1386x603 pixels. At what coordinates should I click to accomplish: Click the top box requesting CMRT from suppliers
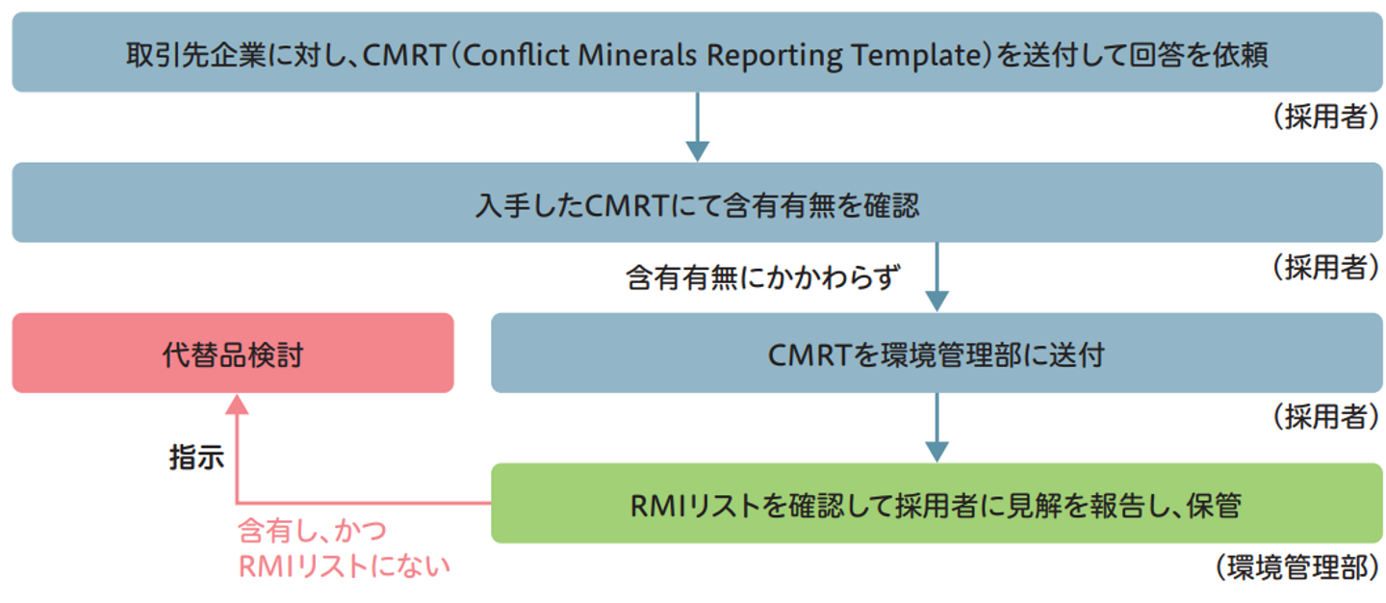(x=697, y=53)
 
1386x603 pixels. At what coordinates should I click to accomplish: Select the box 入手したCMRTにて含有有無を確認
(x=697, y=203)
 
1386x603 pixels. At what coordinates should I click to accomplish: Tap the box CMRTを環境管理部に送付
(x=936, y=354)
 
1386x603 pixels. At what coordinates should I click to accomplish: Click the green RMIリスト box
(x=936, y=504)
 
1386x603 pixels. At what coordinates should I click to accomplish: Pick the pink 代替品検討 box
(x=233, y=354)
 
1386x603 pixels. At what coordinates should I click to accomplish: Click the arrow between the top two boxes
(x=697, y=126)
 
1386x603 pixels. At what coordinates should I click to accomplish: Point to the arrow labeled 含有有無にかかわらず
(x=936, y=276)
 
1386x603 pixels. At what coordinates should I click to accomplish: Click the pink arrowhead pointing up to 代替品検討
(x=237, y=405)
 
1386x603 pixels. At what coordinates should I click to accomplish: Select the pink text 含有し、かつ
(x=311, y=532)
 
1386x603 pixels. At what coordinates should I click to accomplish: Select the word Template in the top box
(x=911, y=55)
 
